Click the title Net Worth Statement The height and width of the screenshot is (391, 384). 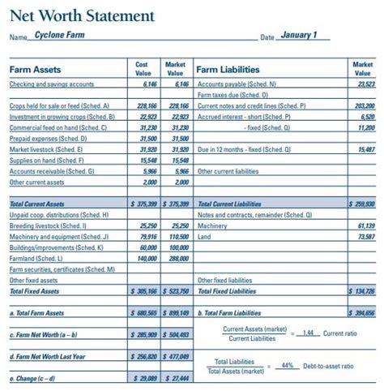[82, 15]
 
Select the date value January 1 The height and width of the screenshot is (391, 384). [299, 36]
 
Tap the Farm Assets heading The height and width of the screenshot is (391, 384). [36, 69]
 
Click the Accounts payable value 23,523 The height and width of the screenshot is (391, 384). [365, 84]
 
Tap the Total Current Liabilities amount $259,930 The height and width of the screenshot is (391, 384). [362, 204]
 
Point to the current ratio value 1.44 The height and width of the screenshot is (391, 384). [305, 333]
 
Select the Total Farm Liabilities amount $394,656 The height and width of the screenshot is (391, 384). [362, 312]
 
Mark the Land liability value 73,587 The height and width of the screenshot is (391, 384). [365, 236]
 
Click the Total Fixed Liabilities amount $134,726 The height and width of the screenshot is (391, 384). [362, 290]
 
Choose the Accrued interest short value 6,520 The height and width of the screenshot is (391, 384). [367, 116]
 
